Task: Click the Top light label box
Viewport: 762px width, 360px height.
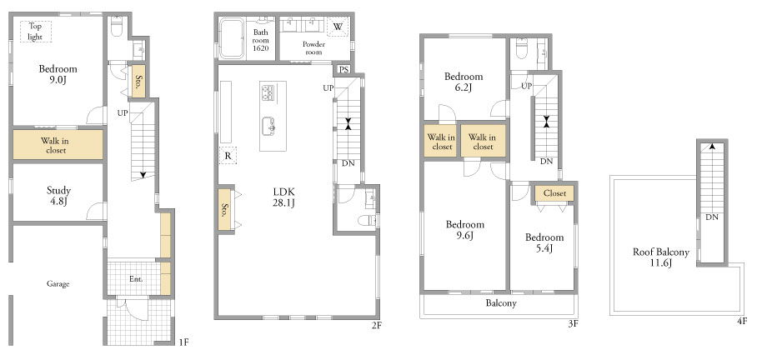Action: [36, 32]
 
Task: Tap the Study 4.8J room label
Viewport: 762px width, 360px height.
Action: [58, 196]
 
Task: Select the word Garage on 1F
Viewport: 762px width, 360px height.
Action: [58, 283]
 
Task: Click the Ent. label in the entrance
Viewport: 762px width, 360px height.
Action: [136, 279]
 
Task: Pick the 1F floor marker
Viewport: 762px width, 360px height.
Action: [183, 342]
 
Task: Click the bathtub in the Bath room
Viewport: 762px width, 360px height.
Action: [231, 38]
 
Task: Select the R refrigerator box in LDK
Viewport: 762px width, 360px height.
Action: [228, 156]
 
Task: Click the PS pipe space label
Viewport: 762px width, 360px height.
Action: [343, 69]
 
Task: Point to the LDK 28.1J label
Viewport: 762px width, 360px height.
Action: [283, 197]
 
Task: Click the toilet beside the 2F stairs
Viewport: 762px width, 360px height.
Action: [368, 221]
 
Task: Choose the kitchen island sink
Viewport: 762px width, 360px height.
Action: [268, 127]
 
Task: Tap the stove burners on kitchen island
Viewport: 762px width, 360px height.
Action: [268, 92]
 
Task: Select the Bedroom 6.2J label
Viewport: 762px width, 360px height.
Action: [464, 82]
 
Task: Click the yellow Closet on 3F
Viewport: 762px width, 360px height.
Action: [554, 192]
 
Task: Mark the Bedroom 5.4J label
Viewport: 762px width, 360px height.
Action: [544, 242]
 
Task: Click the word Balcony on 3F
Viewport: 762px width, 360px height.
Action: [501, 303]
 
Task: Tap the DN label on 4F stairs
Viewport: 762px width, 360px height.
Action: [712, 217]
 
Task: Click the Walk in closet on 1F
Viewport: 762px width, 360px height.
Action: [58, 145]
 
